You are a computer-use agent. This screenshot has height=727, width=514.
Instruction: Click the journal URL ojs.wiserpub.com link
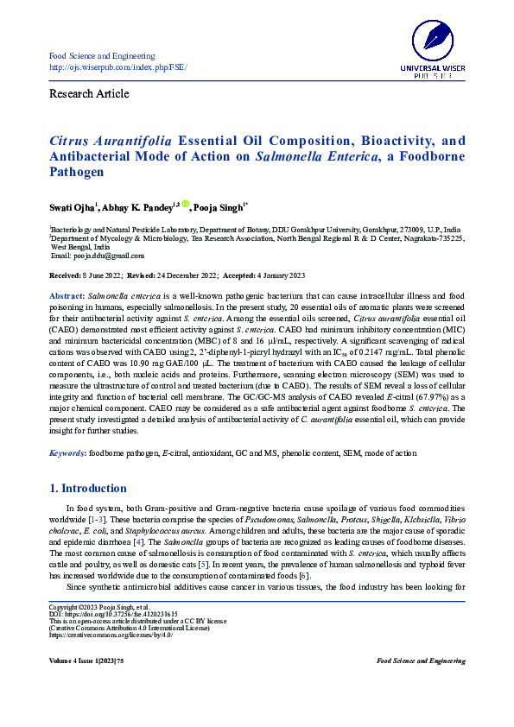(117, 67)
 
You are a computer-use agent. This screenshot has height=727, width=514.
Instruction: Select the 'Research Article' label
(89, 93)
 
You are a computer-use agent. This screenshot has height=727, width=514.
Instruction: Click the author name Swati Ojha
(72, 208)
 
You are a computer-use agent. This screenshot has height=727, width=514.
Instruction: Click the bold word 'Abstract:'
(67, 295)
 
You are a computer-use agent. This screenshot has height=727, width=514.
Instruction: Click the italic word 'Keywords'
(67, 452)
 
